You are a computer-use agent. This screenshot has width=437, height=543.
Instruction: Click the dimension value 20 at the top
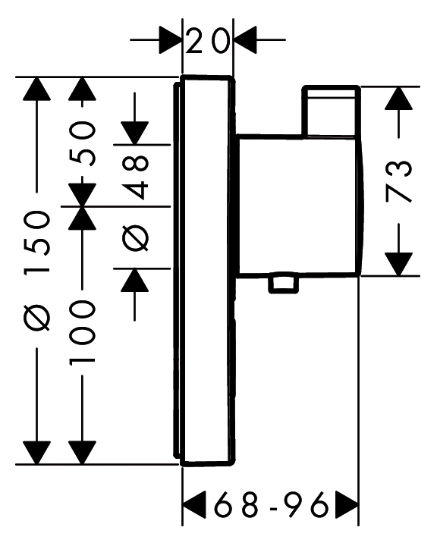pos(207,41)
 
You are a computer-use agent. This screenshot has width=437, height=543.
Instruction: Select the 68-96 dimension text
pos(271,504)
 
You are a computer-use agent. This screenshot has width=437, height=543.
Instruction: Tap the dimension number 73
pos(399,181)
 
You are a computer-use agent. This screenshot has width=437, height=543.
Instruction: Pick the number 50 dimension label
pos(82,143)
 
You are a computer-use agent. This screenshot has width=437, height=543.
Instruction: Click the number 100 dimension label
pos(82,331)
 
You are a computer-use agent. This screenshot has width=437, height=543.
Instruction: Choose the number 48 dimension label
pos(135,177)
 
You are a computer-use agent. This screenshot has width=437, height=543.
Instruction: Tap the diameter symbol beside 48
pos(135,238)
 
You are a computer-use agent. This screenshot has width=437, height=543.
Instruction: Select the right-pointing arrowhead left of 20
pos(171,40)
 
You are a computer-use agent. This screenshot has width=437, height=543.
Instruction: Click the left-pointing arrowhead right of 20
pos(245,40)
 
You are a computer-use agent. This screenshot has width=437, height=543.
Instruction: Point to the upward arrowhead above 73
pos(399,99)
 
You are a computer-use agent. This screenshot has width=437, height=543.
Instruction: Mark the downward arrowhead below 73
pos(399,264)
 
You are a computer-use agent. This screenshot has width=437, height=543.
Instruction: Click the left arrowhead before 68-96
pos(194,504)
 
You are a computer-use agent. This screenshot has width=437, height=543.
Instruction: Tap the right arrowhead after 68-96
pos(346,504)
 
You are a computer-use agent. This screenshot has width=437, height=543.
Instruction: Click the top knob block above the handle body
pos(332,111)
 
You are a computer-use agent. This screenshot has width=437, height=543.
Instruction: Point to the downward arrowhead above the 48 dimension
pos(135,133)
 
